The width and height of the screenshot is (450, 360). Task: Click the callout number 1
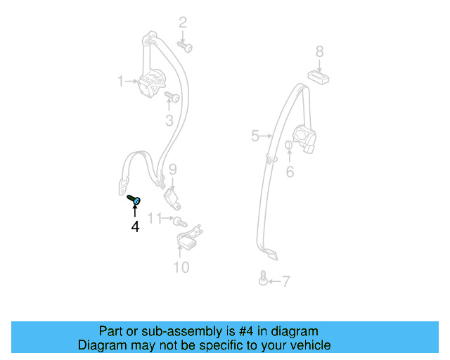[120, 82]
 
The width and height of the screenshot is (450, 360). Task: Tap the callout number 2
[182, 22]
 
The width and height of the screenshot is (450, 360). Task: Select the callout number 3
[169, 121]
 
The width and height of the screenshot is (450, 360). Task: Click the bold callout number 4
[134, 226]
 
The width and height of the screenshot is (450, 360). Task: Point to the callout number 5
[255, 136]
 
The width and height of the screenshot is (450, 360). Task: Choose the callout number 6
[289, 171]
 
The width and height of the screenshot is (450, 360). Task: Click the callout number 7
[285, 282]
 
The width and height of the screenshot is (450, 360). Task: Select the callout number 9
[172, 169]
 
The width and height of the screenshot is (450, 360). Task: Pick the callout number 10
[181, 267]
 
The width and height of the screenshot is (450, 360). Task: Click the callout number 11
[154, 217]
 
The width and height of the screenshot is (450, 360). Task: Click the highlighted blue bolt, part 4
[136, 201]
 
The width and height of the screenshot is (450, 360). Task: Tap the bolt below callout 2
[187, 46]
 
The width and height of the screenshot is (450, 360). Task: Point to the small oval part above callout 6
[288, 146]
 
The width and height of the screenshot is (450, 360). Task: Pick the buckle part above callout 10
[188, 241]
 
